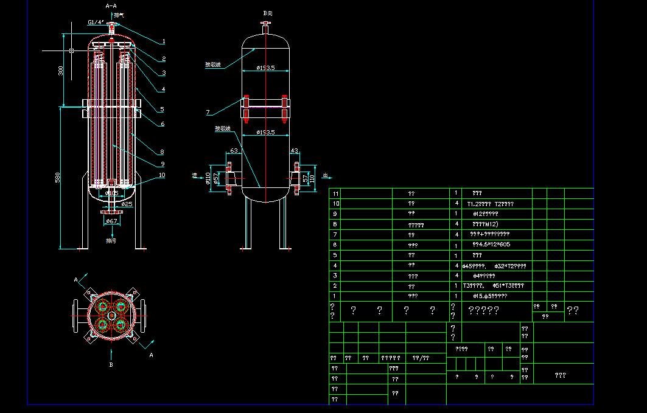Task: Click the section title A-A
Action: click(111, 5)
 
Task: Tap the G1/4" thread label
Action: click(96, 22)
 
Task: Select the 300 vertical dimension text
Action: click(60, 71)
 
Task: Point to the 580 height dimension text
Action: click(58, 178)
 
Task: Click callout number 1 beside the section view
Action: click(164, 42)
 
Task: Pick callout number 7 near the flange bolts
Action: click(208, 113)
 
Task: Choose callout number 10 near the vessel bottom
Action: click(161, 175)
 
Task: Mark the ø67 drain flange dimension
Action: click(111, 221)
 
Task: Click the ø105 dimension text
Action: click(111, 193)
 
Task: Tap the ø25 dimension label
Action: click(127, 204)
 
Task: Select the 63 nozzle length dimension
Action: click(234, 150)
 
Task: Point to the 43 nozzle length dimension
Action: click(295, 150)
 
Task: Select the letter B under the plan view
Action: click(111, 364)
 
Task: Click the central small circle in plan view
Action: click(111, 316)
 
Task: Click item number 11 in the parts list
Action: click(335, 193)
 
